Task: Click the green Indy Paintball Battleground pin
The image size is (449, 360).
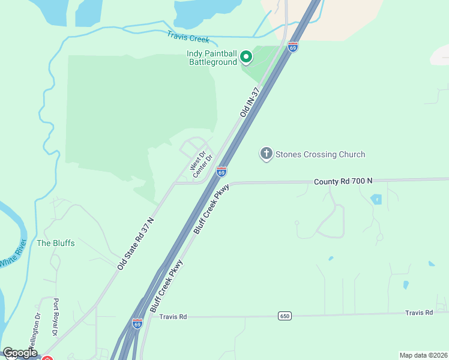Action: pos(246,57)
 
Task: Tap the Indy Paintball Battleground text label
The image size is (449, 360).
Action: pos(212,58)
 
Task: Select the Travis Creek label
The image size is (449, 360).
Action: pos(188,38)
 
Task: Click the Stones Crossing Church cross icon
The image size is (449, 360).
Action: pos(266,154)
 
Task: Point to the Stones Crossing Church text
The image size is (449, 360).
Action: pos(320,154)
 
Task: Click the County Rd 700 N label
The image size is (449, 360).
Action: pos(343,181)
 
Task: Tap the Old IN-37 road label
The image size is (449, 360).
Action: pos(249,102)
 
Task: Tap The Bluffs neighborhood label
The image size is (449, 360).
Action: pos(56,243)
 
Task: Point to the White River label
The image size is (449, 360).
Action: pos(13,253)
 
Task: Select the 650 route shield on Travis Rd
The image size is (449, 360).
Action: pos(285,316)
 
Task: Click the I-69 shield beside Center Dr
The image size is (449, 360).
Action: pos(221,172)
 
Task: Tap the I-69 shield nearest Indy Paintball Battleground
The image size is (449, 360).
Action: pos(292,47)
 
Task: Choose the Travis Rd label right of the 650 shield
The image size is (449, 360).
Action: pos(418,313)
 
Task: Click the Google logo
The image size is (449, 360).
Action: pos(20,353)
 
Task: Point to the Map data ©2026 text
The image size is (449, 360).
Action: pos(423,355)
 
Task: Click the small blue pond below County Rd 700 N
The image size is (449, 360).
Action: pos(376,199)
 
